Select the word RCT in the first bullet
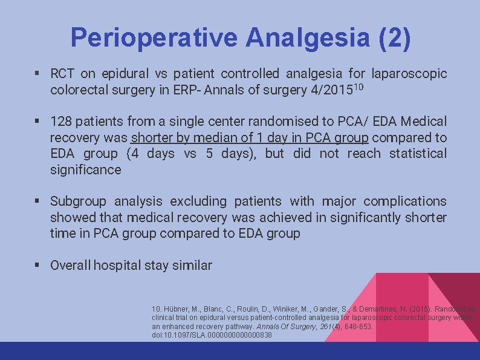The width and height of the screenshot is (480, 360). (62, 74)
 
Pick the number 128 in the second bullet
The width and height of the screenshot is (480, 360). (60, 122)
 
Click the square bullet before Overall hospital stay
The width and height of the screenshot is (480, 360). (37, 265)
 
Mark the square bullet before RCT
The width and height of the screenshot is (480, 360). (37, 74)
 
